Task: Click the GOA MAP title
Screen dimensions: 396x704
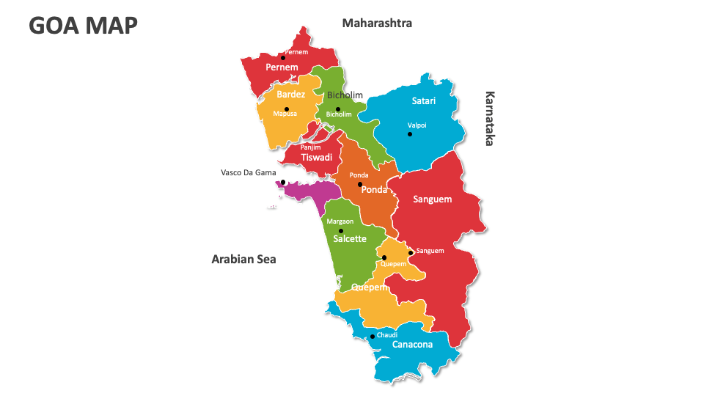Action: click(x=83, y=25)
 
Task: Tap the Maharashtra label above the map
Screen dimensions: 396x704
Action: click(x=377, y=23)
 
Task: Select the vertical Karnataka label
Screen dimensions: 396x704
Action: click(x=490, y=119)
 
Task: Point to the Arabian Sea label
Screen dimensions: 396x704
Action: click(x=243, y=259)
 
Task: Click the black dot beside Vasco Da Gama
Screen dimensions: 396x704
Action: click(x=283, y=183)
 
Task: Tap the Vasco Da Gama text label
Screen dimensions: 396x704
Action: click(x=249, y=173)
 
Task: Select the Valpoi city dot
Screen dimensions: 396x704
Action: click(x=410, y=134)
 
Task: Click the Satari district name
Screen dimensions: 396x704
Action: click(x=424, y=100)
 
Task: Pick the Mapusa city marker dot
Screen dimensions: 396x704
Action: click(x=287, y=109)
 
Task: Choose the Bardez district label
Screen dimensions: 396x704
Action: click(x=291, y=94)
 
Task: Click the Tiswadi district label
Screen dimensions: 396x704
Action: click(x=316, y=158)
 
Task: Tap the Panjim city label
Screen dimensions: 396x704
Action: click(x=311, y=147)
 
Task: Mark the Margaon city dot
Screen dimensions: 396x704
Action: click(x=341, y=231)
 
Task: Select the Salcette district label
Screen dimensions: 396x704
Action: click(x=350, y=239)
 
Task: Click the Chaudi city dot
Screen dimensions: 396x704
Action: click(x=373, y=337)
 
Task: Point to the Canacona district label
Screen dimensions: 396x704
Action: click(x=412, y=344)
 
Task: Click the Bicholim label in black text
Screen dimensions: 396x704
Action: click(x=345, y=95)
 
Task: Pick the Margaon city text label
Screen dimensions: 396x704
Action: click(x=340, y=221)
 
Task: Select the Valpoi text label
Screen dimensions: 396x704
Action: click(x=417, y=125)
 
